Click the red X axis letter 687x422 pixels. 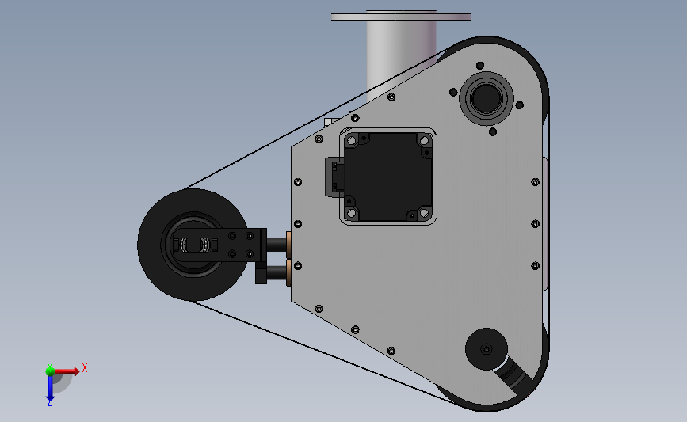[85, 367]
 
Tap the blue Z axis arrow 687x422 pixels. [50, 388]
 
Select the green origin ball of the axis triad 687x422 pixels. [50, 371]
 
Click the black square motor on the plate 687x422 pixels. [388, 177]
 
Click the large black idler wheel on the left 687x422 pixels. [193, 245]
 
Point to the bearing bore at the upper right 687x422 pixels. [487, 98]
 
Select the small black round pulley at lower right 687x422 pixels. [487, 349]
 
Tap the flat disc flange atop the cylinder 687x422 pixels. [401, 17]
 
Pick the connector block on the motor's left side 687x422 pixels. [334, 177]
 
